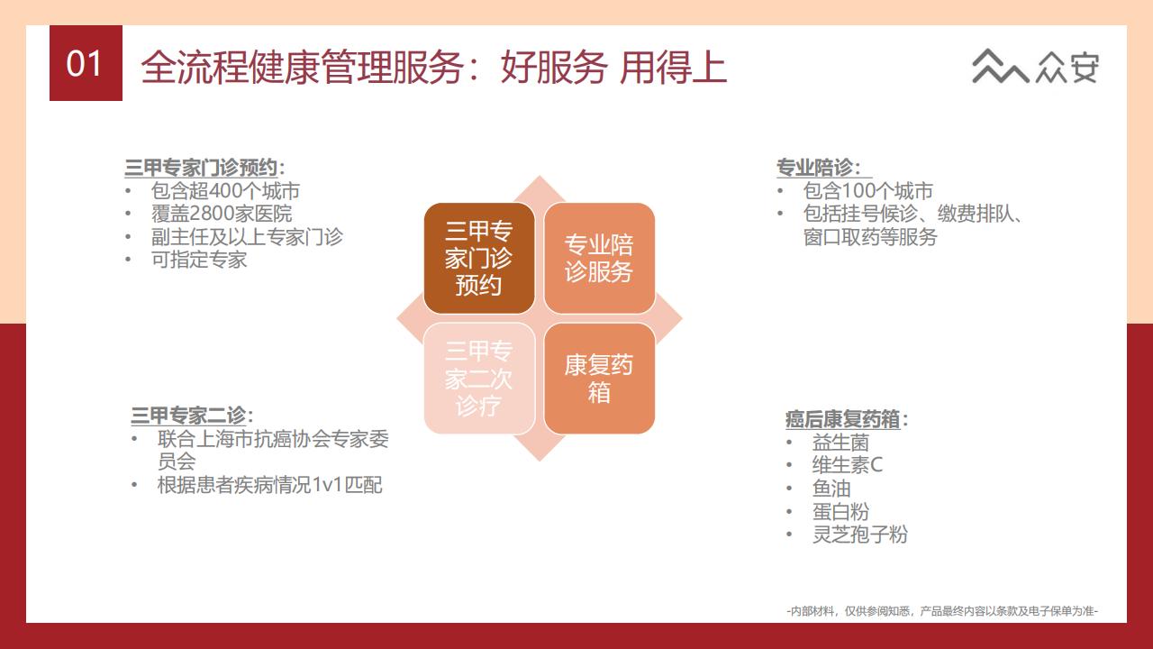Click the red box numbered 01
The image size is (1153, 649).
(x=86, y=63)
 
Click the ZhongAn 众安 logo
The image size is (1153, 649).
(x=1035, y=67)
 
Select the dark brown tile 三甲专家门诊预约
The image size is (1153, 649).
(x=479, y=258)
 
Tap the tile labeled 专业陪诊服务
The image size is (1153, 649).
(x=599, y=258)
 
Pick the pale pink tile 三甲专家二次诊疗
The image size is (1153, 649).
(x=479, y=379)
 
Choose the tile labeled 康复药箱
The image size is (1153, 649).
(x=599, y=379)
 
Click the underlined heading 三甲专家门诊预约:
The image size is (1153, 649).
(x=204, y=168)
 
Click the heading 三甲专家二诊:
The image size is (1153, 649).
(x=192, y=416)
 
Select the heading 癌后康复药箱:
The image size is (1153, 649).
(x=847, y=419)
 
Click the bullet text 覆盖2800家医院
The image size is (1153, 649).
(x=222, y=214)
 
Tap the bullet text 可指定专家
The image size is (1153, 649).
(x=199, y=259)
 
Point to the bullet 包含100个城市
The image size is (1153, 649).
(x=867, y=190)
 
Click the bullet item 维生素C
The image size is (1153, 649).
(x=848, y=464)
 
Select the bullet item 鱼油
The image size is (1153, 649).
(x=831, y=488)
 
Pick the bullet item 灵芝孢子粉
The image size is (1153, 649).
(x=860, y=535)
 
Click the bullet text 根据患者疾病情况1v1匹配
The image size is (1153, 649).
(x=269, y=485)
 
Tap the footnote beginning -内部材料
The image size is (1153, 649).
(x=942, y=611)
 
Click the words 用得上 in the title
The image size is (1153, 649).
(x=673, y=67)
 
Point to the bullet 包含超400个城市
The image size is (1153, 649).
(x=225, y=190)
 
